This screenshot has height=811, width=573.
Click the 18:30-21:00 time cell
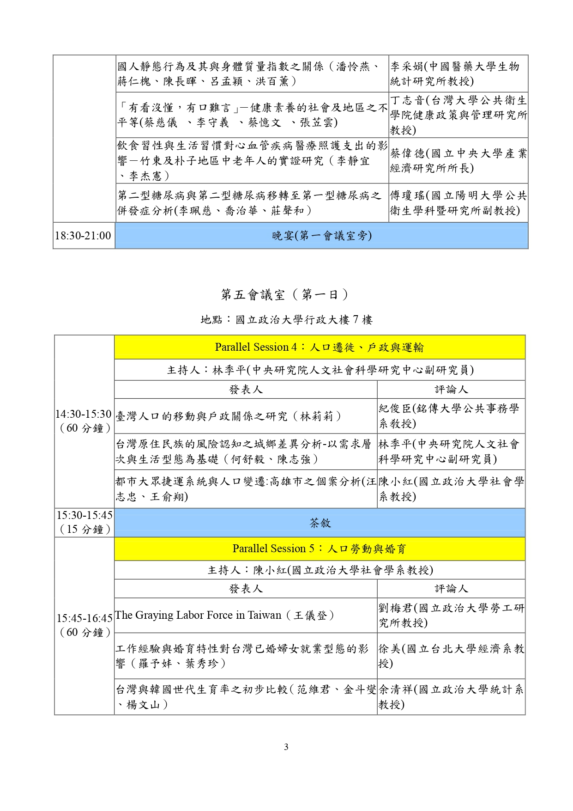pos(83,236)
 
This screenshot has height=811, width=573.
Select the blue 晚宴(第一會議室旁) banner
pos(321,236)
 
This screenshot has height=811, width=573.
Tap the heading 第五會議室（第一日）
pos(285,294)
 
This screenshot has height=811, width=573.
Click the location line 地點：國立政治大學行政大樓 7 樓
pos(286,320)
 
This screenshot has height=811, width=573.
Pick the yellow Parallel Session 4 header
pos(320,348)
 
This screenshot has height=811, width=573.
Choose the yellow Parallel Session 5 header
pos(320,549)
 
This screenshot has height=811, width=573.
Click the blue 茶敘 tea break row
pos(320,523)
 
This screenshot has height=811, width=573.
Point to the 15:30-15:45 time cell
pos(84,522)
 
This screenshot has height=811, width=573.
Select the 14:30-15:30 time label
pos(84,421)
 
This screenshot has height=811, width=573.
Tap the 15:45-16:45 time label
pos(84,625)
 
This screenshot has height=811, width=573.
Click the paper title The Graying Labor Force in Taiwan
pos(224,616)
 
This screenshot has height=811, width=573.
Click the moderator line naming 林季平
pos(320,370)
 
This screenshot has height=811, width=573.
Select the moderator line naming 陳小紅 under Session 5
pos(320,570)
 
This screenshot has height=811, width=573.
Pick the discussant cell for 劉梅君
pos(451,616)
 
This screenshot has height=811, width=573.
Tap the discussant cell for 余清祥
pos(451,697)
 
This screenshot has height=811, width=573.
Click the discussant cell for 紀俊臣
pos(451,416)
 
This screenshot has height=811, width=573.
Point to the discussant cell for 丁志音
pos(458,115)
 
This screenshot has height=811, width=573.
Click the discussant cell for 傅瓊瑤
pos(458,203)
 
